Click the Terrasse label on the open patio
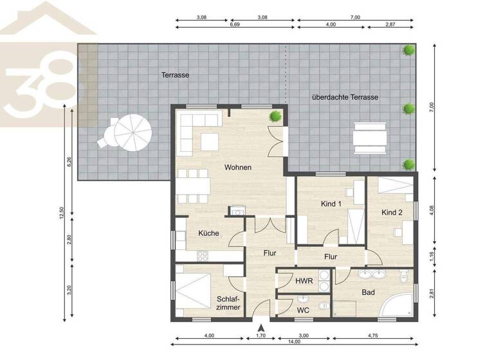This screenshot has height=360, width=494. pyautogui.click(x=175, y=75)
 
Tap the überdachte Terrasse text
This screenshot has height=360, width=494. pyautogui.click(x=345, y=97)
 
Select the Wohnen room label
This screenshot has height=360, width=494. pyautogui.click(x=237, y=167)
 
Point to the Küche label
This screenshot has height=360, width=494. pyautogui.click(x=208, y=233)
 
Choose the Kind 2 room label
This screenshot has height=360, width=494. pyautogui.click(x=392, y=212)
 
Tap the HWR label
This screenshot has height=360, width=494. pyautogui.click(x=304, y=281)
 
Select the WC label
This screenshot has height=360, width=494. pyautogui.click(x=304, y=310)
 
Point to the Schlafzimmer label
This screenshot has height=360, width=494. pyautogui.click(x=228, y=303)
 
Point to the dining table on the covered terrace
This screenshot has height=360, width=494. pyautogui.click(x=370, y=138)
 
